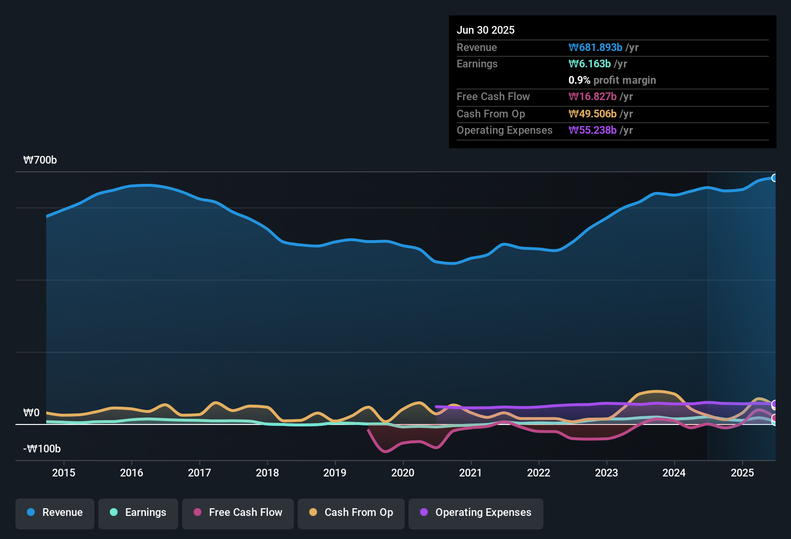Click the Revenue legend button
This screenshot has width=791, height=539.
(x=55, y=513)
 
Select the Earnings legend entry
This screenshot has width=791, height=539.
(x=138, y=513)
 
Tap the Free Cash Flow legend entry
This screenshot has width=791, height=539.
(x=238, y=513)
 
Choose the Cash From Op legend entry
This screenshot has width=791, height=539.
(x=351, y=513)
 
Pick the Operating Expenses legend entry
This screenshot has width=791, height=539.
(x=476, y=513)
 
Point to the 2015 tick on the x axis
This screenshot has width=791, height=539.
(x=64, y=473)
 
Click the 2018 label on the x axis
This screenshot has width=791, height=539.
(x=267, y=473)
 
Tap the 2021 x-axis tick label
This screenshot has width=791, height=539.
(x=471, y=473)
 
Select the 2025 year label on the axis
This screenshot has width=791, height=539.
(x=742, y=473)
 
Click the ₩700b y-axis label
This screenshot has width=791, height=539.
(x=40, y=160)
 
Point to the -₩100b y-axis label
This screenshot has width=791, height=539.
(x=42, y=449)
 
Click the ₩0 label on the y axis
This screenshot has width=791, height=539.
(x=31, y=413)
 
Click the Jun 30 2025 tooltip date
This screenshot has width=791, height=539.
(x=486, y=30)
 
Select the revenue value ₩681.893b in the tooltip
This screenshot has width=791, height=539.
(x=595, y=48)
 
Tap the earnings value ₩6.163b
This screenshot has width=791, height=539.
(x=590, y=64)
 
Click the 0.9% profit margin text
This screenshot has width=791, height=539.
(x=612, y=80)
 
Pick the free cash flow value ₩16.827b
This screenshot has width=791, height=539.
(x=593, y=97)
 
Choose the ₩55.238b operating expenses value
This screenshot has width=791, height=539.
(x=593, y=130)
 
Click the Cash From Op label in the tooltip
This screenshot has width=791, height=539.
(x=490, y=114)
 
